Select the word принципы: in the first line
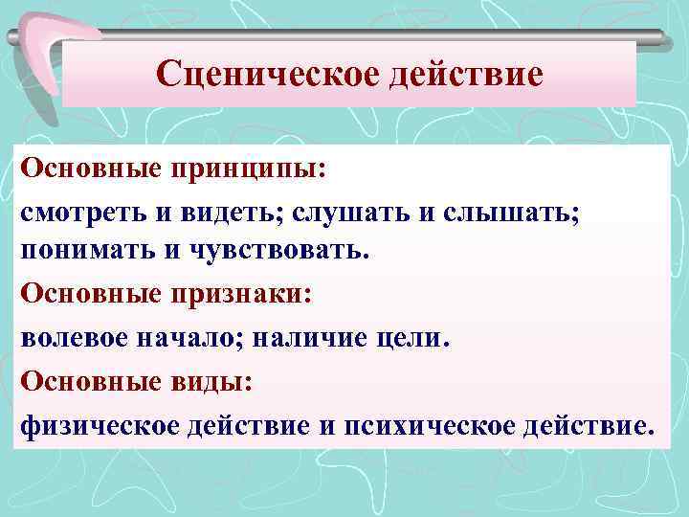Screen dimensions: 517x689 (249, 169)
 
